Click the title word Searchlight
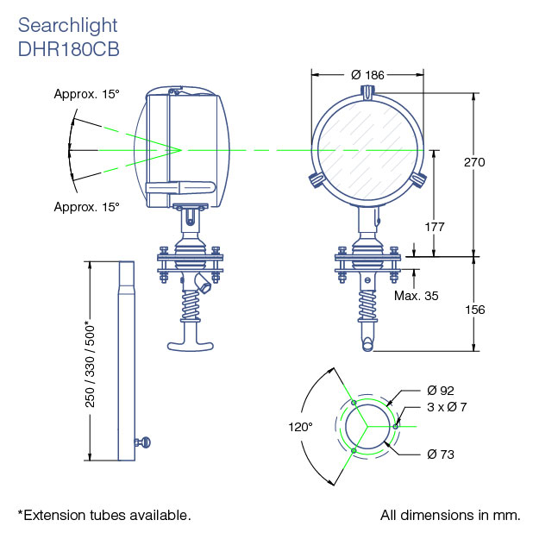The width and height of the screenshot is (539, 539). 68,25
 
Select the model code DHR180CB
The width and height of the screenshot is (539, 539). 68,49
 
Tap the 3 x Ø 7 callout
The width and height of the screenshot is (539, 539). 447,407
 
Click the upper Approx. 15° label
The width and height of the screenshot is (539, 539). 86,95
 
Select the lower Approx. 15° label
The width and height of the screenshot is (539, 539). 86,207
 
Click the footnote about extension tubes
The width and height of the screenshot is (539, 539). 103,515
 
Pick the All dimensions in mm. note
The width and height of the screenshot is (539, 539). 450,515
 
